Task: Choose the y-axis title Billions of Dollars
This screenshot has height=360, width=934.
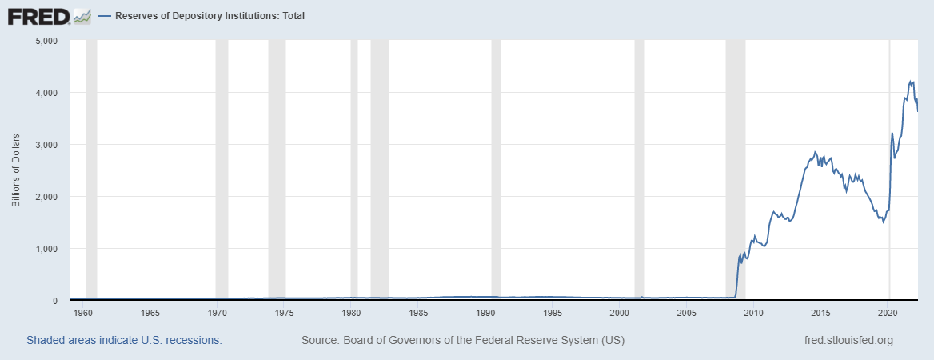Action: (16, 170)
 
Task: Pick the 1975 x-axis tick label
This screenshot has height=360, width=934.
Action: (285, 312)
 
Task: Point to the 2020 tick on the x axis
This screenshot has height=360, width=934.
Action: (888, 312)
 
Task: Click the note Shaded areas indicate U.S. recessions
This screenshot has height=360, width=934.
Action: (124, 341)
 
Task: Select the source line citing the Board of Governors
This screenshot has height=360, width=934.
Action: (463, 341)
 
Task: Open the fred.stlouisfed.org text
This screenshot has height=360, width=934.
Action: (848, 341)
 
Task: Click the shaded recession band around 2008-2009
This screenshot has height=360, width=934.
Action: (735, 160)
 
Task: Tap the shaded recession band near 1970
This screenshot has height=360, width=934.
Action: (222, 160)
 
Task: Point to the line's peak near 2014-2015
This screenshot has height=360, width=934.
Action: (815, 152)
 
